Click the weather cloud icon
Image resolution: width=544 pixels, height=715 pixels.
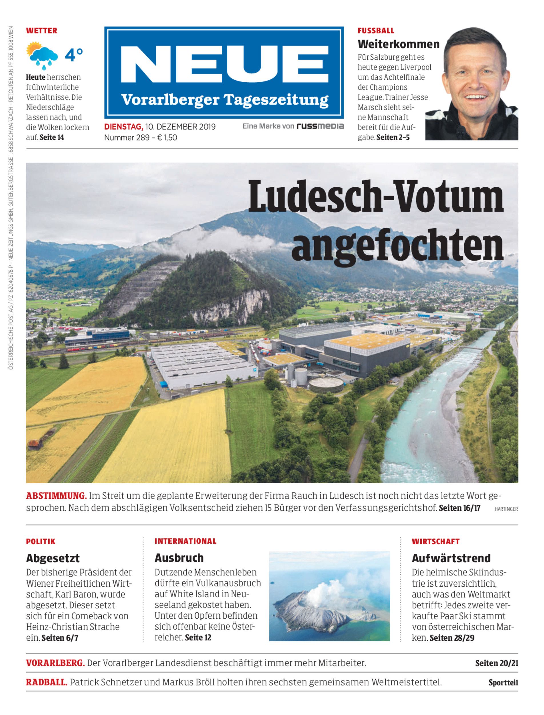[43, 55]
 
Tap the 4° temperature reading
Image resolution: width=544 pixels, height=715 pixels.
[74, 55]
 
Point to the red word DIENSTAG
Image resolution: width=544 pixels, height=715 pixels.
[123, 126]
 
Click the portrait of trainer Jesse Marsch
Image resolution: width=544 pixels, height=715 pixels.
[472, 84]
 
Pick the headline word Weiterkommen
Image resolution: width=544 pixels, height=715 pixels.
[398, 44]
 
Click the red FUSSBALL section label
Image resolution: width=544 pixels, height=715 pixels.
[376, 31]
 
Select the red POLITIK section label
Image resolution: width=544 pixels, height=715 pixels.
[41, 541]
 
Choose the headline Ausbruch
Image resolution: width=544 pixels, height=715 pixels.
[179, 558]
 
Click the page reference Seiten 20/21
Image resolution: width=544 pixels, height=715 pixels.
[496, 663]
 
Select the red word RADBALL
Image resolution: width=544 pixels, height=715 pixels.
[47, 682]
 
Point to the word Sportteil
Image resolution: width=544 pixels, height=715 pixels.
[503, 683]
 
